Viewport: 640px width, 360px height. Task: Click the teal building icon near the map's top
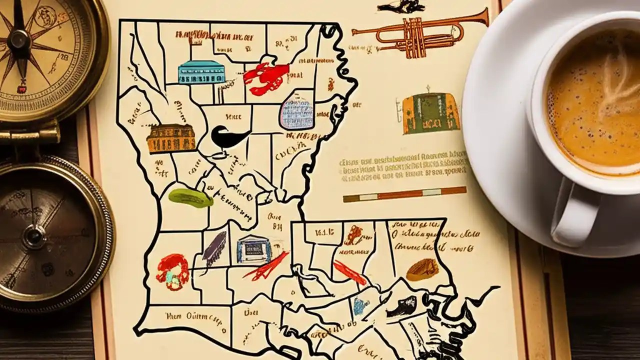point(201,72)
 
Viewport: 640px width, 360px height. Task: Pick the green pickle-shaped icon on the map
point(190,197)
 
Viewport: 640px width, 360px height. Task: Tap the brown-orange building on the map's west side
point(171,138)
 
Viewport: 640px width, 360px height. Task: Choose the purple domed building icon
point(296,113)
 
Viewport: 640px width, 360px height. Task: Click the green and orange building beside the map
point(430,113)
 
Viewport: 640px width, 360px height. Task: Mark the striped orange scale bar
point(404,194)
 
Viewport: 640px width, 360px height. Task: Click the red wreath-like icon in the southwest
point(172,271)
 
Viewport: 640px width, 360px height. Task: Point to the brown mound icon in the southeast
point(422,269)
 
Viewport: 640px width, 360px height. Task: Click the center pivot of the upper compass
point(20,38)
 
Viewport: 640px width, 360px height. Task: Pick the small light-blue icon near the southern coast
point(359,306)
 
